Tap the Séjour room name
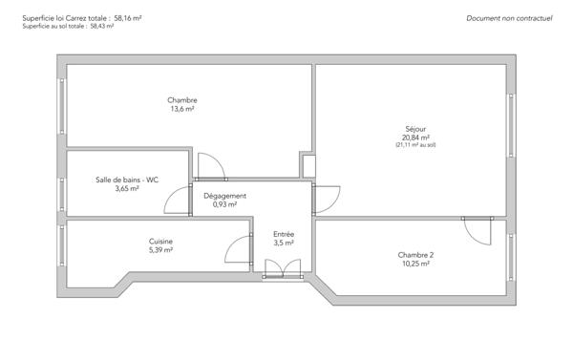(415, 129)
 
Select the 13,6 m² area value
(181, 109)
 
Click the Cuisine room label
(160, 242)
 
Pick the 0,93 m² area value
(224, 204)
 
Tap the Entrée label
(284, 234)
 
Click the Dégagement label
(224, 196)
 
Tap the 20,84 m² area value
(415, 138)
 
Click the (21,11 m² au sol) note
(415, 145)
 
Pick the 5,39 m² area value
(160, 250)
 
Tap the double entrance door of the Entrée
(281, 268)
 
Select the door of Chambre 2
(475, 230)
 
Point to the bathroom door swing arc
(178, 200)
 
